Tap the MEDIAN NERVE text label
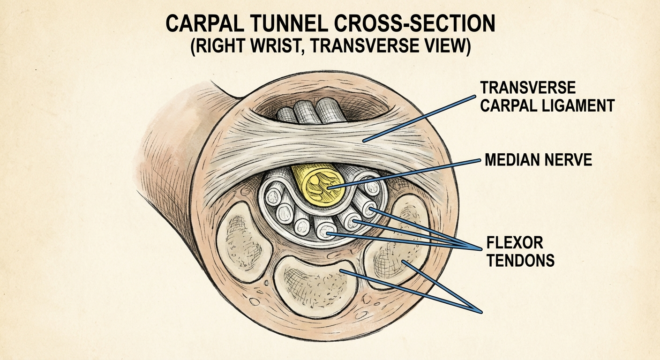[538, 161]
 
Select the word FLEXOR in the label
[515, 243]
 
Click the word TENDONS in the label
[521, 260]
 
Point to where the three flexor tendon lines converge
[481, 247]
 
